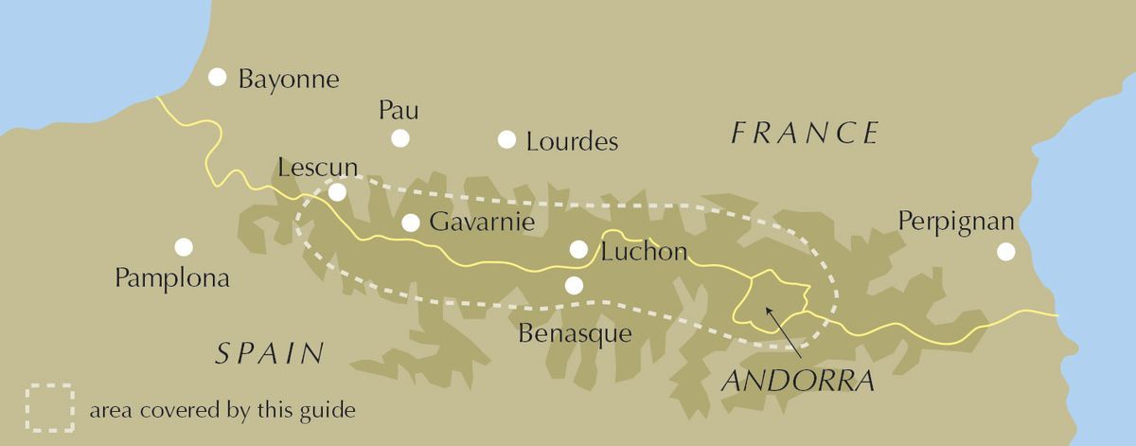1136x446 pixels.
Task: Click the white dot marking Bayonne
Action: [x=219, y=78]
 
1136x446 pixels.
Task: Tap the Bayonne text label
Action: [x=289, y=79]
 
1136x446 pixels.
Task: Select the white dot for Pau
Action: [x=400, y=138]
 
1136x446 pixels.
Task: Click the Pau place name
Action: [x=399, y=110]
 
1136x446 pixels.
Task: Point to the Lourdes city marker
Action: [x=507, y=140]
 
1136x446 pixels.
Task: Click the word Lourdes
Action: [x=572, y=142]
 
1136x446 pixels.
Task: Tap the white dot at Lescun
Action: [x=337, y=192]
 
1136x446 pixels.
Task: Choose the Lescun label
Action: [x=318, y=168]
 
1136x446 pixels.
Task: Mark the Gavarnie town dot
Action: [x=411, y=223]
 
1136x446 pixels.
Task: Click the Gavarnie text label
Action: [x=483, y=223]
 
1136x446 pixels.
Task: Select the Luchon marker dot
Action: [x=579, y=249]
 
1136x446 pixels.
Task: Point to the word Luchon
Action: [x=643, y=252]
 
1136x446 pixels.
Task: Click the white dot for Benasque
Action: [x=573, y=285]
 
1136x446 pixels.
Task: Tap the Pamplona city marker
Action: [x=184, y=247]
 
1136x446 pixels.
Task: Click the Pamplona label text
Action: [x=172, y=278]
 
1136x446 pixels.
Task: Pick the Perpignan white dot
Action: [x=1005, y=252]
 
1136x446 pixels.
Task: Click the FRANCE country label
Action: [x=806, y=134]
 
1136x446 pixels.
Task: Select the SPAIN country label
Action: [x=270, y=354]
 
